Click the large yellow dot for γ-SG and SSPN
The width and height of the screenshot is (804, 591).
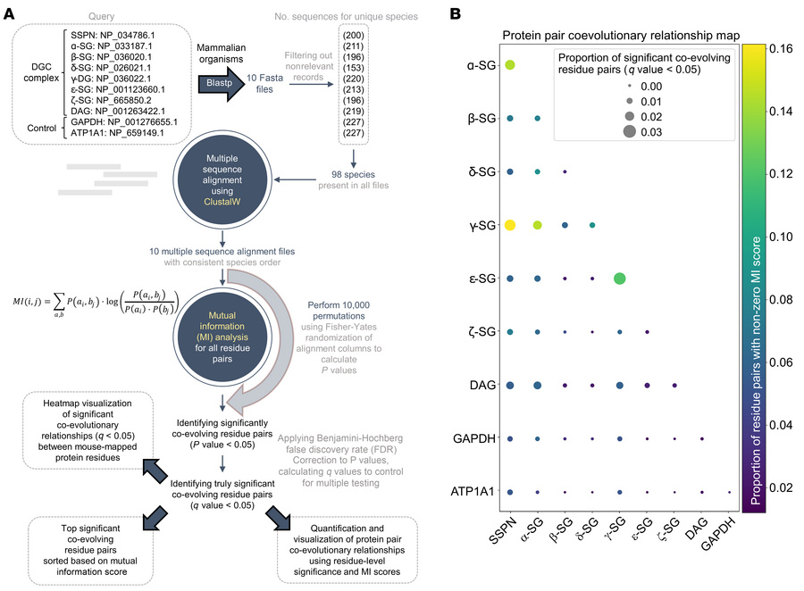pos(510,225)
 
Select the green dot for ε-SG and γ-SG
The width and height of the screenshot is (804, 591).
pos(620,279)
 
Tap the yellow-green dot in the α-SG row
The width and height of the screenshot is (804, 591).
pos(510,65)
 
